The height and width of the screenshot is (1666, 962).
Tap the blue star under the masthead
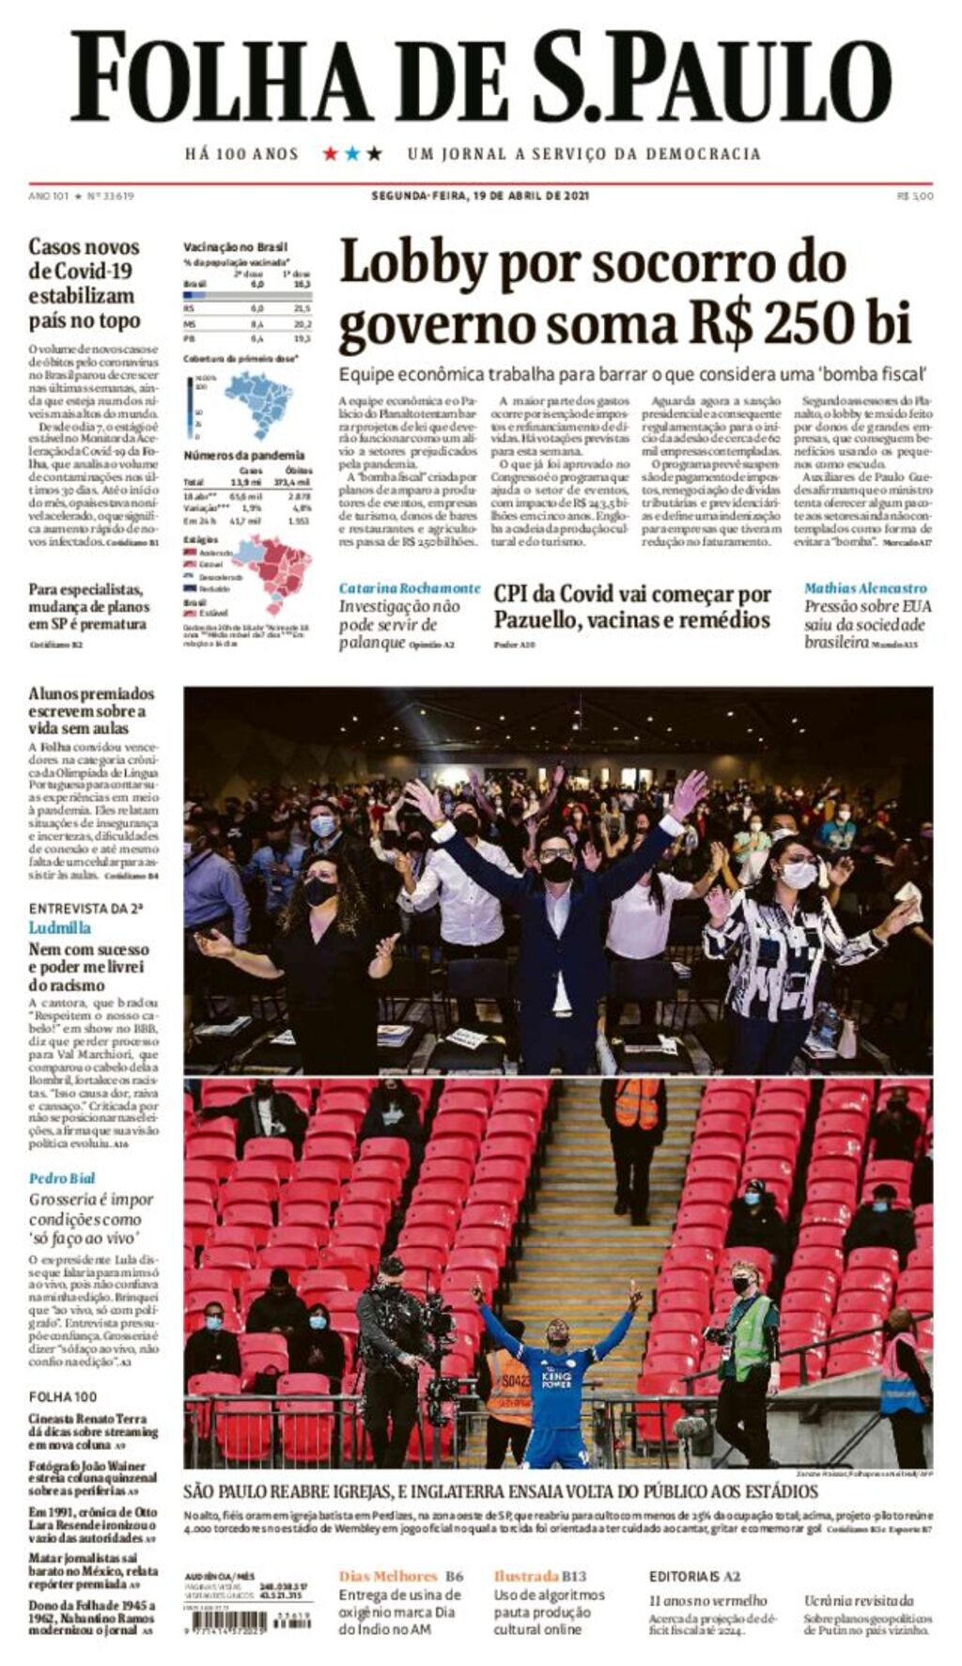coord(352,153)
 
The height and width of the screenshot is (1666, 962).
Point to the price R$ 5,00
coord(915,196)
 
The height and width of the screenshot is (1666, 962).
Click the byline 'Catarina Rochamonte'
coord(410,588)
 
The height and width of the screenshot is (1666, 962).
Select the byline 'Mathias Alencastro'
coord(865,588)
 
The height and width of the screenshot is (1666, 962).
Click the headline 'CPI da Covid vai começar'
coord(632,594)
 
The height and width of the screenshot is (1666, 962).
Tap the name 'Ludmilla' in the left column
coord(60,927)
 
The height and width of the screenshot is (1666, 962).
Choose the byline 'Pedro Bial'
coord(62,1178)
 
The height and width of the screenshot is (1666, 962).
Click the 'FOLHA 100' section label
coord(62,1396)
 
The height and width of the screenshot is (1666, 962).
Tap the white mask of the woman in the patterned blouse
coord(798,875)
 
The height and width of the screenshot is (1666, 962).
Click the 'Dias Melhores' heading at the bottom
coord(388,1576)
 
